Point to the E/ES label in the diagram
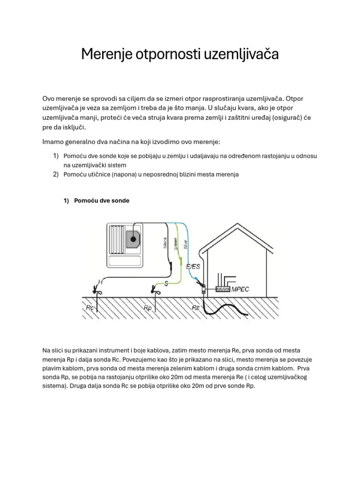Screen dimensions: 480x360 (194, 267)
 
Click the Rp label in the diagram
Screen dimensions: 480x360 (148, 308)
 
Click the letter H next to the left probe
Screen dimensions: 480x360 (100, 282)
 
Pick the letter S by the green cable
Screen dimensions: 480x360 (166, 284)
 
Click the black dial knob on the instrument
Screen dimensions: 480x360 (133, 240)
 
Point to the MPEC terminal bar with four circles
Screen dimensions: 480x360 (223, 290)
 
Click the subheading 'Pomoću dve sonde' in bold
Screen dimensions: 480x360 (101, 201)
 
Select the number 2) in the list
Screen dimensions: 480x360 (55, 174)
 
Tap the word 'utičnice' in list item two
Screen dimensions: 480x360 (97, 174)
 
